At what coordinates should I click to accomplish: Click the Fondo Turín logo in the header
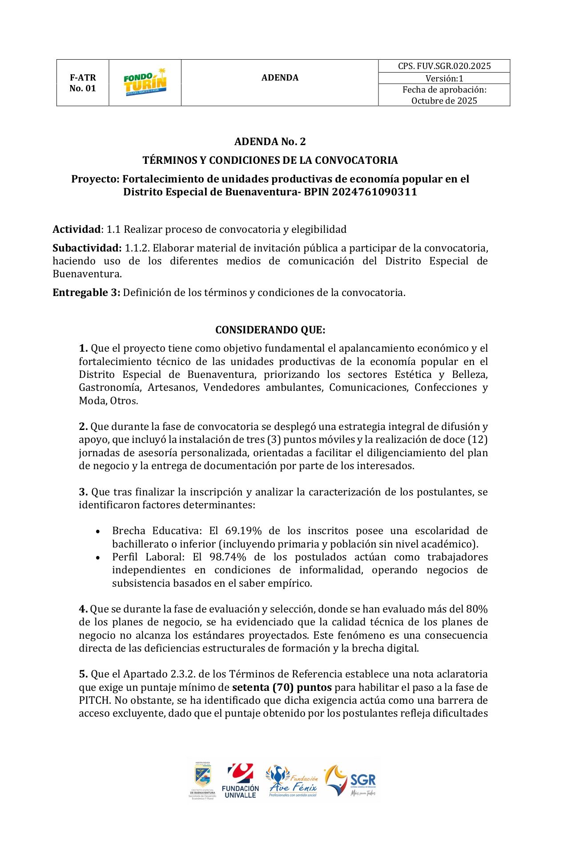145,82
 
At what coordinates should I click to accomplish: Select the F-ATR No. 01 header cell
83,83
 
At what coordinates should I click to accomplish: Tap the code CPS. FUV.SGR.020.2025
444,66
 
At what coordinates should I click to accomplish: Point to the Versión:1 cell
444,78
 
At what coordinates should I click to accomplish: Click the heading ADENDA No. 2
270,142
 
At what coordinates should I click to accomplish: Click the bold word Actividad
76,229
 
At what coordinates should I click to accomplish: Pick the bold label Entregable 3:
86,292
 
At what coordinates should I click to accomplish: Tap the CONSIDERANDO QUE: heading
270,330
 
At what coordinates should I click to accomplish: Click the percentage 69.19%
243,531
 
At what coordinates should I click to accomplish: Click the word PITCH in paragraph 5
94,700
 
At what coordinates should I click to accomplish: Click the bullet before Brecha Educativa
98,531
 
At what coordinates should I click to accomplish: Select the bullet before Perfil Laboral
98,558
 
